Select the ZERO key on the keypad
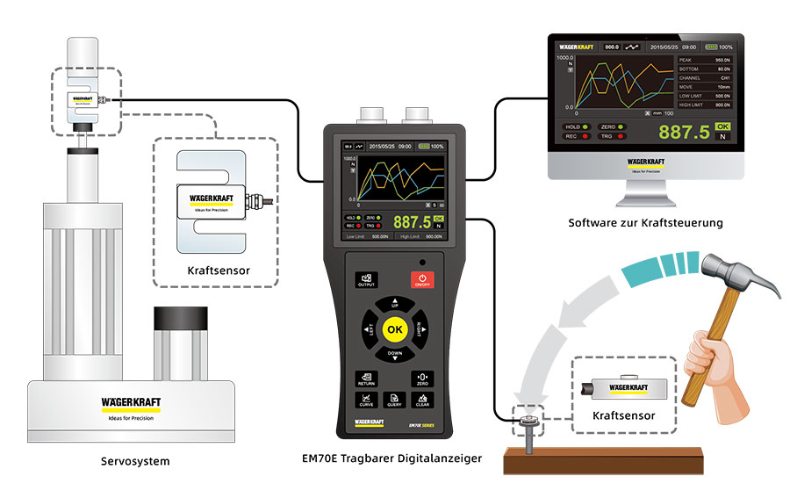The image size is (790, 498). coord(422,379)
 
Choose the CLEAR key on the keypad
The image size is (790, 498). coord(422,401)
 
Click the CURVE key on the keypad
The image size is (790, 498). coord(366,401)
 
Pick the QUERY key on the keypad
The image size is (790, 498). coord(394,401)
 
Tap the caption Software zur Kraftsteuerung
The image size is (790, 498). coord(645,223)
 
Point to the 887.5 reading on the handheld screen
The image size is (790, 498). coord(412,222)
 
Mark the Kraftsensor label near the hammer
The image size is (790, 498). coord(624,415)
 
